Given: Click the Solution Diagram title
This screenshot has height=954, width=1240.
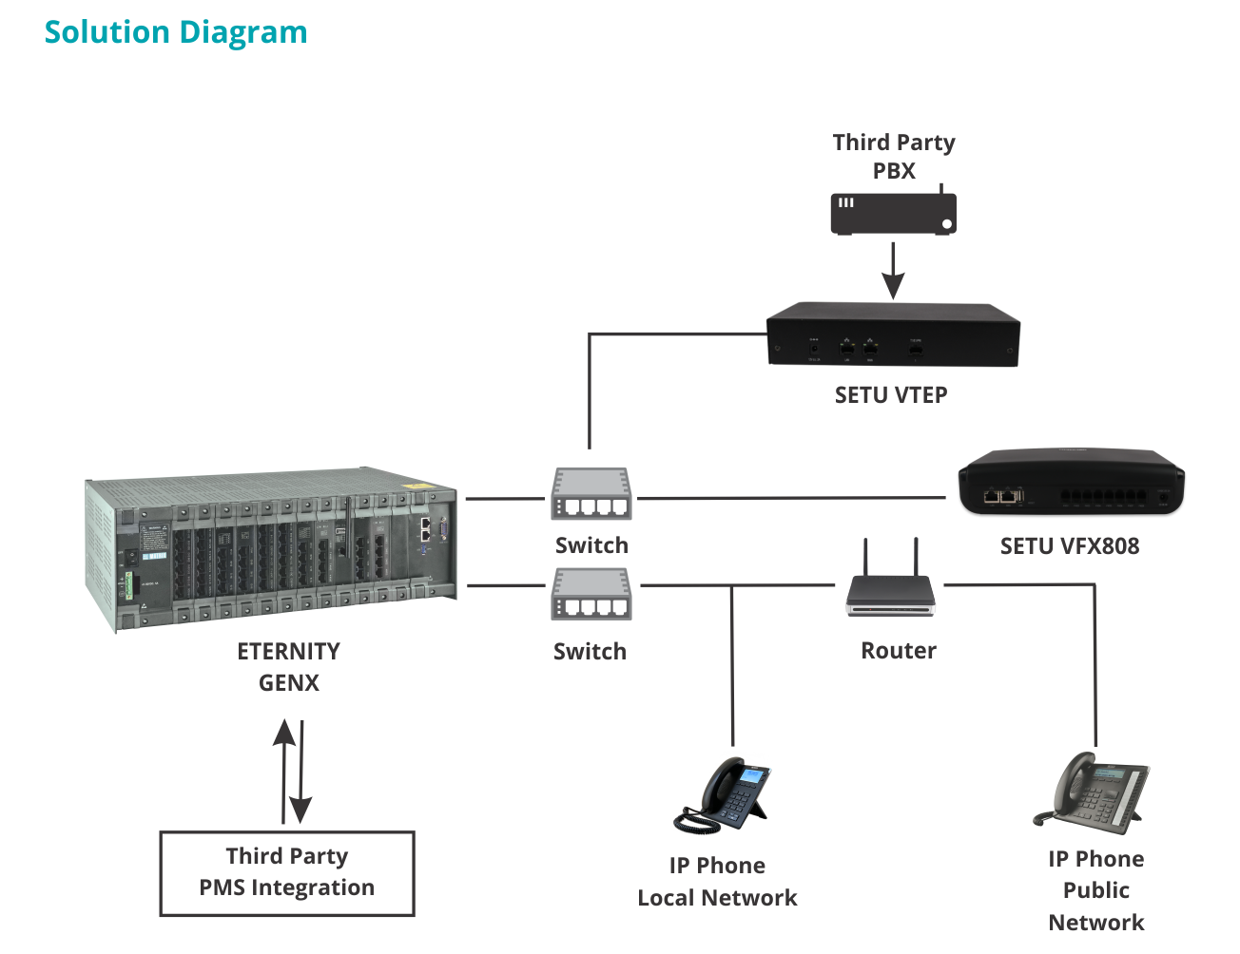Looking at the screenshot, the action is point(176,33).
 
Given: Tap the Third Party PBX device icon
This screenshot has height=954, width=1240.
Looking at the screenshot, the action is point(893,210).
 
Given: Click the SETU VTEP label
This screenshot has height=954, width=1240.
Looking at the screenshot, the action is point(891,395).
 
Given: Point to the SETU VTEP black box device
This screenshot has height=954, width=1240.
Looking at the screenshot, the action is point(893,334).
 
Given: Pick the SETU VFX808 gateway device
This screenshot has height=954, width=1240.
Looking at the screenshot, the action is point(1071,483).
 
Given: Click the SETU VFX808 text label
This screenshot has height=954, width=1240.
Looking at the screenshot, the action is point(1070,546).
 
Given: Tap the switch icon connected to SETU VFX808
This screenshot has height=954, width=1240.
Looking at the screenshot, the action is point(591,494).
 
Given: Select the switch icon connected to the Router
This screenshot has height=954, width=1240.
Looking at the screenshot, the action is point(591,594).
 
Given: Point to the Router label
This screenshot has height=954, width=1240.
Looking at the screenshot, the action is point(899,651).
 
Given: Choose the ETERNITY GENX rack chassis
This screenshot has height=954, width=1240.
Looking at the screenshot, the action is point(271,549).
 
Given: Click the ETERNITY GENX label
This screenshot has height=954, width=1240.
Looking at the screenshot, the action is point(289,667).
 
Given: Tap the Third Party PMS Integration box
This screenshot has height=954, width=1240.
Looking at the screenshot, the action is point(287,873).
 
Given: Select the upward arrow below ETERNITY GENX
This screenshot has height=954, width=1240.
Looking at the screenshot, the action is point(283,772).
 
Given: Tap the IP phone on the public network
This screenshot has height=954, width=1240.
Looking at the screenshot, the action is point(1091,793).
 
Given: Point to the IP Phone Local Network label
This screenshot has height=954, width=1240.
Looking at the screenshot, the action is point(717,882).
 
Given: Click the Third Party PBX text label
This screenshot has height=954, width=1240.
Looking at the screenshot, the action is point(894,157).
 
